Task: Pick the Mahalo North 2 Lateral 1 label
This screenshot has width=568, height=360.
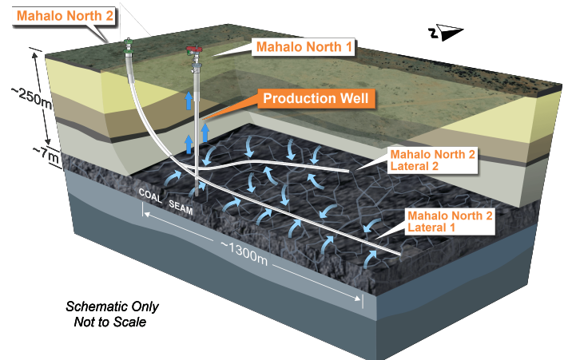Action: point(449,221)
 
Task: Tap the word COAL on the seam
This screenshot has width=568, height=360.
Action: point(150,194)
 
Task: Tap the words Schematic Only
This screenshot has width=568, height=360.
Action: point(112,307)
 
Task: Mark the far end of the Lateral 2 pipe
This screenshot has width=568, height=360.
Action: point(348,170)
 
